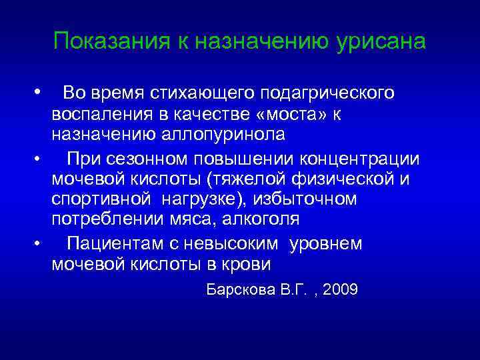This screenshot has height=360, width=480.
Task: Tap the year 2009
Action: tap(338, 291)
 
